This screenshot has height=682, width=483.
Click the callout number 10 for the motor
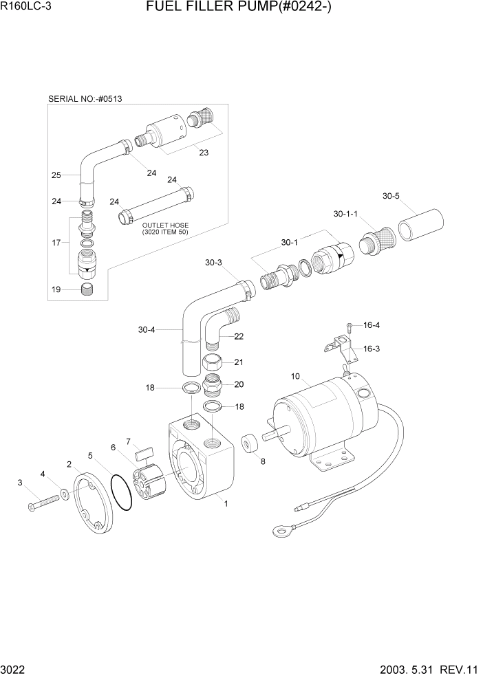coord(296,376)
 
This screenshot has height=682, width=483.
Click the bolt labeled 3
coord(43,502)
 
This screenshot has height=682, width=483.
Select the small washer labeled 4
coord(64,494)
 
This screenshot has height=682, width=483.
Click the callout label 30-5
coord(391,196)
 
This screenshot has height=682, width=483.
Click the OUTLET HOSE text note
coord(165,229)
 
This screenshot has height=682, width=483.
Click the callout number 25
coord(56,175)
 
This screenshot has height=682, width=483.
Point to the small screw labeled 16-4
coord(350,326)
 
